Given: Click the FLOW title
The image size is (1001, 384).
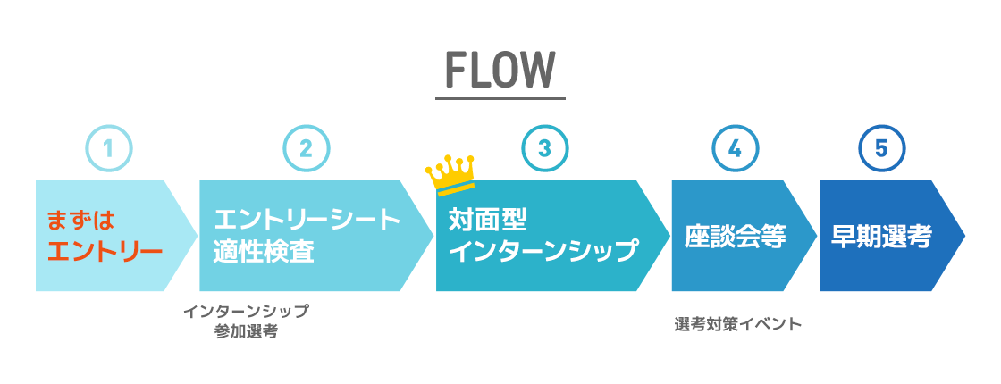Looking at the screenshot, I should coord(500,70).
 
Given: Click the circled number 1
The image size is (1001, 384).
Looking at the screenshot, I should coord(109,149).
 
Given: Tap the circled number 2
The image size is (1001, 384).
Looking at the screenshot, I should coord(307,149).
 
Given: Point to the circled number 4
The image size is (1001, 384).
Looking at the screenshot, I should coord(735,149).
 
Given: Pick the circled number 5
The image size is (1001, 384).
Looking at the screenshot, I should coord(881,149).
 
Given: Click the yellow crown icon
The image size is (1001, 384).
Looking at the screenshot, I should coord(450,173).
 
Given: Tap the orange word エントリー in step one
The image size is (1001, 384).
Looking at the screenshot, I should coord(104,251).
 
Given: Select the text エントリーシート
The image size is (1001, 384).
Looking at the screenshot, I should coord(307,220).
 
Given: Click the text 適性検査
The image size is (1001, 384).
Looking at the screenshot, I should coord(264,251).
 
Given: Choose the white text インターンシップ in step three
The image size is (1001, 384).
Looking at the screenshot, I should coord(543,251).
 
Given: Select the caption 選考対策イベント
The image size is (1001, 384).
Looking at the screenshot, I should coord(737,324).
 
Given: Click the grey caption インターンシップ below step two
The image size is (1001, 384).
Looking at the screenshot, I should coord(246,312).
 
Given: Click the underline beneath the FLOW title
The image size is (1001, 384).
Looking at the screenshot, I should coord(500,96).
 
